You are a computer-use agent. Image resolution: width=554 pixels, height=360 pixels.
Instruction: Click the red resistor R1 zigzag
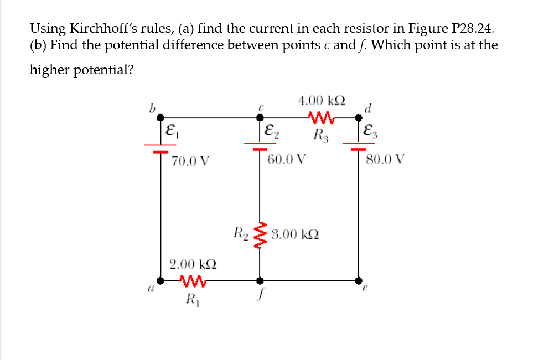pos(194,281)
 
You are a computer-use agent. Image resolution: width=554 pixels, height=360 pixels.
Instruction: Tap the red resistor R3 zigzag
pos(321,117)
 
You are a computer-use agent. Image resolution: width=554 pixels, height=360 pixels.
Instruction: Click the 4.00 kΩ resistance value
pos(322,101)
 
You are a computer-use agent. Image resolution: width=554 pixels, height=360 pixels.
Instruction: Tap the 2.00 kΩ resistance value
pos(193,264)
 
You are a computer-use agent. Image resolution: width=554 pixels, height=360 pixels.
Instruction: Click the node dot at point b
pos(160,117)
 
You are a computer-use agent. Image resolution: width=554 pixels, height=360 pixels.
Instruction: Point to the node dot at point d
pos(359,117)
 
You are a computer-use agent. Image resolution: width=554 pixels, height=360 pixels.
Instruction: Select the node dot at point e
pos(359,280)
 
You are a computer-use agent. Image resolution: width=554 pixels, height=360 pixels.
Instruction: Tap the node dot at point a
pos(160,280)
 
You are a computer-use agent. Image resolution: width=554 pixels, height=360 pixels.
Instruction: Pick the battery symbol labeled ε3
pos(359,147)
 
